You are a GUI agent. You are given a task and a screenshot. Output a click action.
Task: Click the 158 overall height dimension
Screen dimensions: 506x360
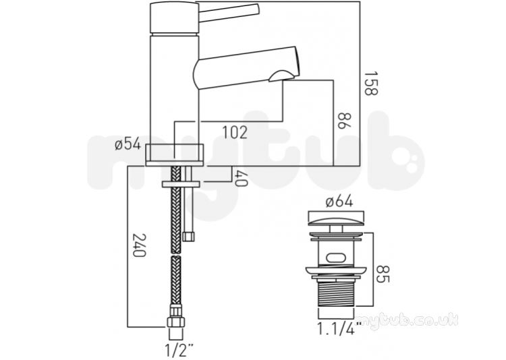370,84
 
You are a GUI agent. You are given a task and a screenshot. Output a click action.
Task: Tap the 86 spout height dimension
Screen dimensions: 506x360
345,121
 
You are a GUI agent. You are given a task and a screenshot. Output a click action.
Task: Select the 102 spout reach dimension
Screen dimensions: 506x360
235,132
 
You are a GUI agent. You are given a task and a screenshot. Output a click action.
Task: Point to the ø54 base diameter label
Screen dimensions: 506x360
128,144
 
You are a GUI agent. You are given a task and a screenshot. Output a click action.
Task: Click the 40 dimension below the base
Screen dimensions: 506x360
241,179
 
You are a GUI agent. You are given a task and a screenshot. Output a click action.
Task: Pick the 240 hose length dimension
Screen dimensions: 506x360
140,245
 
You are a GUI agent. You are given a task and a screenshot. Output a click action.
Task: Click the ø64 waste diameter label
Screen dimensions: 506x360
339,202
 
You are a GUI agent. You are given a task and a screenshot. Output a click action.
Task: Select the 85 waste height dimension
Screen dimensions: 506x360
383,274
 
